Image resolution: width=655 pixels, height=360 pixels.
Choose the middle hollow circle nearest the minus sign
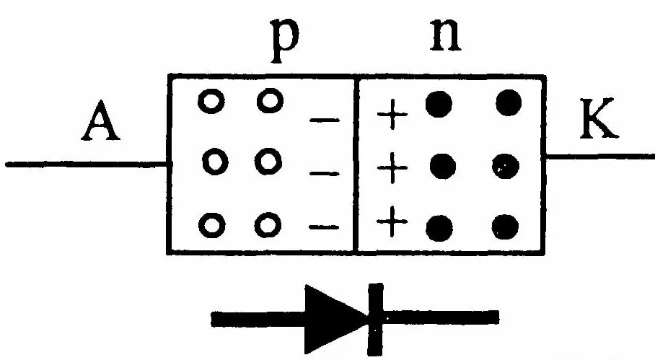click(x=268, y=157)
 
